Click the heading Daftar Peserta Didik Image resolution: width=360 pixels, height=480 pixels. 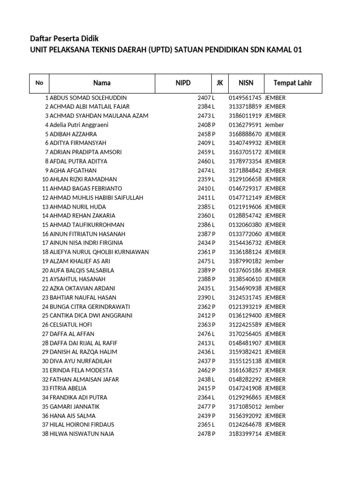tap(65, 38)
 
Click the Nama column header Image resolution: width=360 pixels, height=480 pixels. tap(102, 83)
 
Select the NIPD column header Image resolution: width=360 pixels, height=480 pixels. tap(183, 83)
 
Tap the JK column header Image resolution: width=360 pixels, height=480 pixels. tap(219, 83)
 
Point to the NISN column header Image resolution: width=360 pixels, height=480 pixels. tap(246, 83)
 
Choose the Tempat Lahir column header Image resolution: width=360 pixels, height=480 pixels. tap(293, 83)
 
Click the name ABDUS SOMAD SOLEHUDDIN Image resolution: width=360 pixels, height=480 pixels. tap(88, 97)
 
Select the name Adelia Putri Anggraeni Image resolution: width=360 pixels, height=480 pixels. tap(79, 125)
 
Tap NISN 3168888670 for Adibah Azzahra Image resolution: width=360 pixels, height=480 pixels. tap(245, 134)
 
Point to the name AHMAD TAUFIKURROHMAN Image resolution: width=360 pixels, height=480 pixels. tap(87, 225)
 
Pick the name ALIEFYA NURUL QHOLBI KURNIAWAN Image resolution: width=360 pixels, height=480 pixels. tap(99, 252)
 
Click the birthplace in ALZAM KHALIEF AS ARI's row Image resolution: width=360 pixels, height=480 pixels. tap(274, 261)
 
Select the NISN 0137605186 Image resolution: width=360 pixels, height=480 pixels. tap(245, 270)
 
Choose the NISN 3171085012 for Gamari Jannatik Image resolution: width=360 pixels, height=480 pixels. tap(245, 406)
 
